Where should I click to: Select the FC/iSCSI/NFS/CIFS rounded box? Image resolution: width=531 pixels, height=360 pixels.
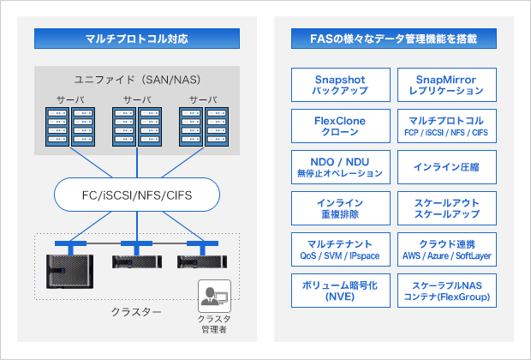[x=137, y=195]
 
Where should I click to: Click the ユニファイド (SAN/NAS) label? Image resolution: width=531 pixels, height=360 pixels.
[x=137, y=80]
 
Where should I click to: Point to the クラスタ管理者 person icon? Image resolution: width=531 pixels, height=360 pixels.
[x=211, y=298]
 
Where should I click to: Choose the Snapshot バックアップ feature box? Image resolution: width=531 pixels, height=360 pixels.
[x=341, y=84]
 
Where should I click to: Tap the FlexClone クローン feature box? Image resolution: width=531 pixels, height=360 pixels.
[x=341, y=127]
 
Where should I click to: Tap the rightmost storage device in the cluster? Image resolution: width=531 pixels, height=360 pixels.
[x=202, y=262]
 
